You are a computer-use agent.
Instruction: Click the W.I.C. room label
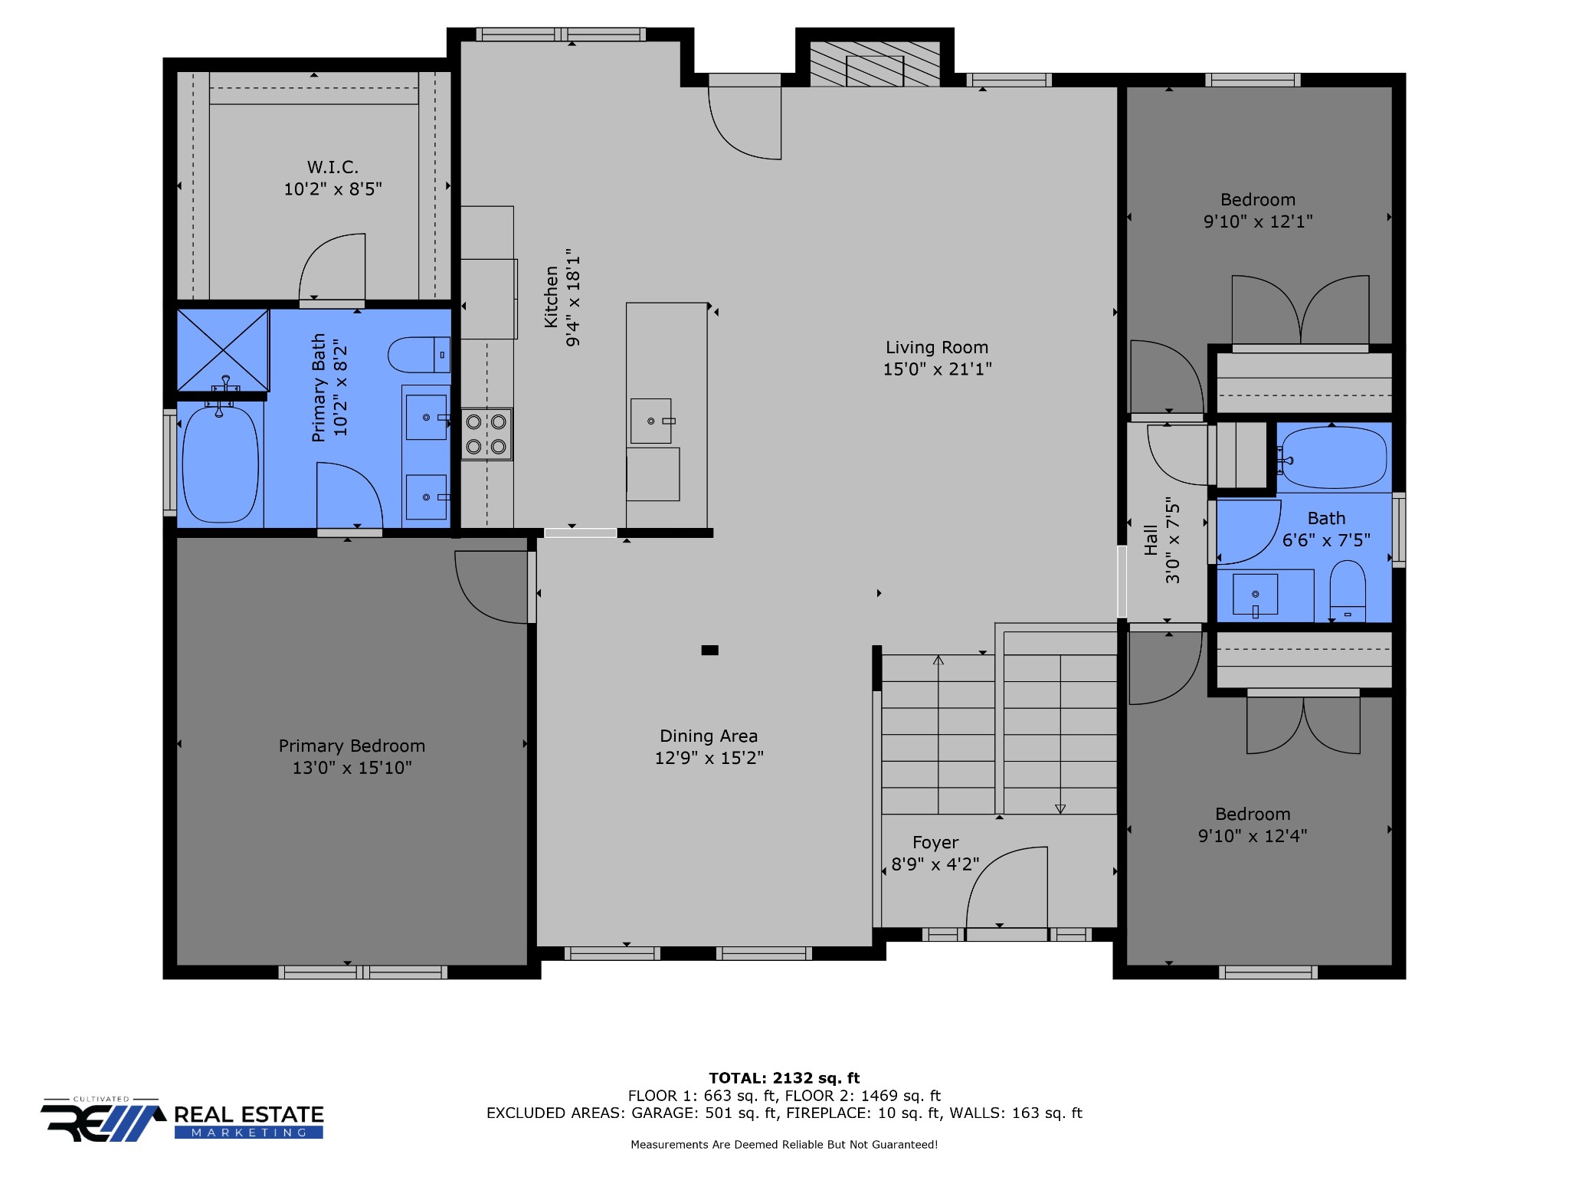coord(332,167)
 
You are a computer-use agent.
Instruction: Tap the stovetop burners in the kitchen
coord(486,434)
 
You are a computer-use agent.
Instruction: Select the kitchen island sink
coord(651,421)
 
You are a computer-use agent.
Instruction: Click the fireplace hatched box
coord(875,64)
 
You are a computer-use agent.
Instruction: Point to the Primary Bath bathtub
coord(221,464)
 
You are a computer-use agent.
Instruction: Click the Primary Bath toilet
coord(419,355)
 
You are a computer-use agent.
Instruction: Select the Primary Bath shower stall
coord(223,350)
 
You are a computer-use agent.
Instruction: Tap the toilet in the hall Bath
coord(1348,591)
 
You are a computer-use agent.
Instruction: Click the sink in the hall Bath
coord(1255,595)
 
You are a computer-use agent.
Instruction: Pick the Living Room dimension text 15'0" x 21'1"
coord(937,369)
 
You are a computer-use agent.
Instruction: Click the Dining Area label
coord(709,736)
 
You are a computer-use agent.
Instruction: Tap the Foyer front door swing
coord(1007,889)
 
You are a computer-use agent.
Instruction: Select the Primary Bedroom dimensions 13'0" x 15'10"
coord(352,768)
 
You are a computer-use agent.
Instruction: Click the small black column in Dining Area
coord(710,651)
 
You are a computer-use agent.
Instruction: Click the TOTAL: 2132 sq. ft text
coord(784,1078)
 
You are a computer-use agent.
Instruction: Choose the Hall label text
coord(1151,539)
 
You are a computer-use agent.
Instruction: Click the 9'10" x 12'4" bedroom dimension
coord(1253,836)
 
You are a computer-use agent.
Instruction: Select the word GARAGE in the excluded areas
coord(663,1113)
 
